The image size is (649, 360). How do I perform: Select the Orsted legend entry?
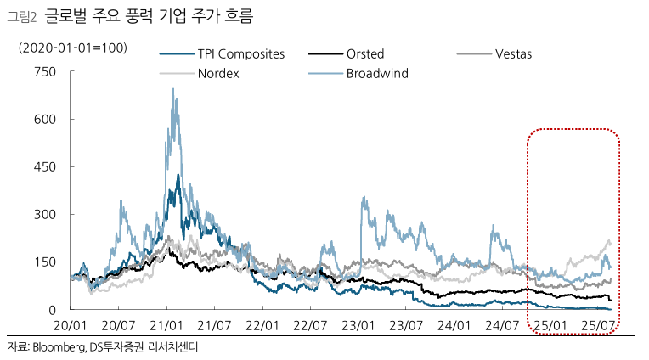pos(366,54)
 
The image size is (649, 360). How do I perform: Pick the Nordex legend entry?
pos(218,73)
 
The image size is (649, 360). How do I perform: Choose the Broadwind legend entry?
pos(377,73)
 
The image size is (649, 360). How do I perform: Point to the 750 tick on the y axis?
pos(44,72)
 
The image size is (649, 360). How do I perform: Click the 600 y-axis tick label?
pos(44,120)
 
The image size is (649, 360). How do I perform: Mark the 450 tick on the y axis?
pos(44,167)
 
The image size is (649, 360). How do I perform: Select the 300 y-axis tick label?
pos(44,215)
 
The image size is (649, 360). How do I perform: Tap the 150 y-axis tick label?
pos(44,262)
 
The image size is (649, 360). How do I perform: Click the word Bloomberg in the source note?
pos(58,347)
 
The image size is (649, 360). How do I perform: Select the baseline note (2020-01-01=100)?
pos(73,48)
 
